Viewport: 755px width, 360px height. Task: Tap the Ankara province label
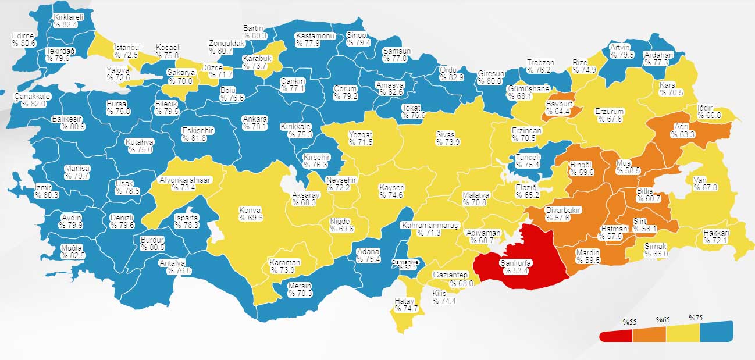click(x=255, y=122)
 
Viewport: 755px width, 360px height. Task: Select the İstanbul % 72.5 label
click(x=126, y=51)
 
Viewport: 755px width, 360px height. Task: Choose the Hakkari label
click(x=716, y=236)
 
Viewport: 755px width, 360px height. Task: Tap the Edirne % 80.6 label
click(x=24, y=40)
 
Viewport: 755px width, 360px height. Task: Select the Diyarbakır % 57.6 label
click(x=564, y=213)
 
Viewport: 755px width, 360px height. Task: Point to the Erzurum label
click(x=609, y=115)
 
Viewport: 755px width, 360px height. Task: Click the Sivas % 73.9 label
click(x=448, y=138)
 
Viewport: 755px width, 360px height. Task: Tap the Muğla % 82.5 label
click(x=73, y=251)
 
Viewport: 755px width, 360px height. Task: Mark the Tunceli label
click(x=528, y=161)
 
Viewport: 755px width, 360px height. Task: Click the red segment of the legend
click(x=615, y=335)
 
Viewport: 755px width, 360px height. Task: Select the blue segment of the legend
click(x=716, y=332)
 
